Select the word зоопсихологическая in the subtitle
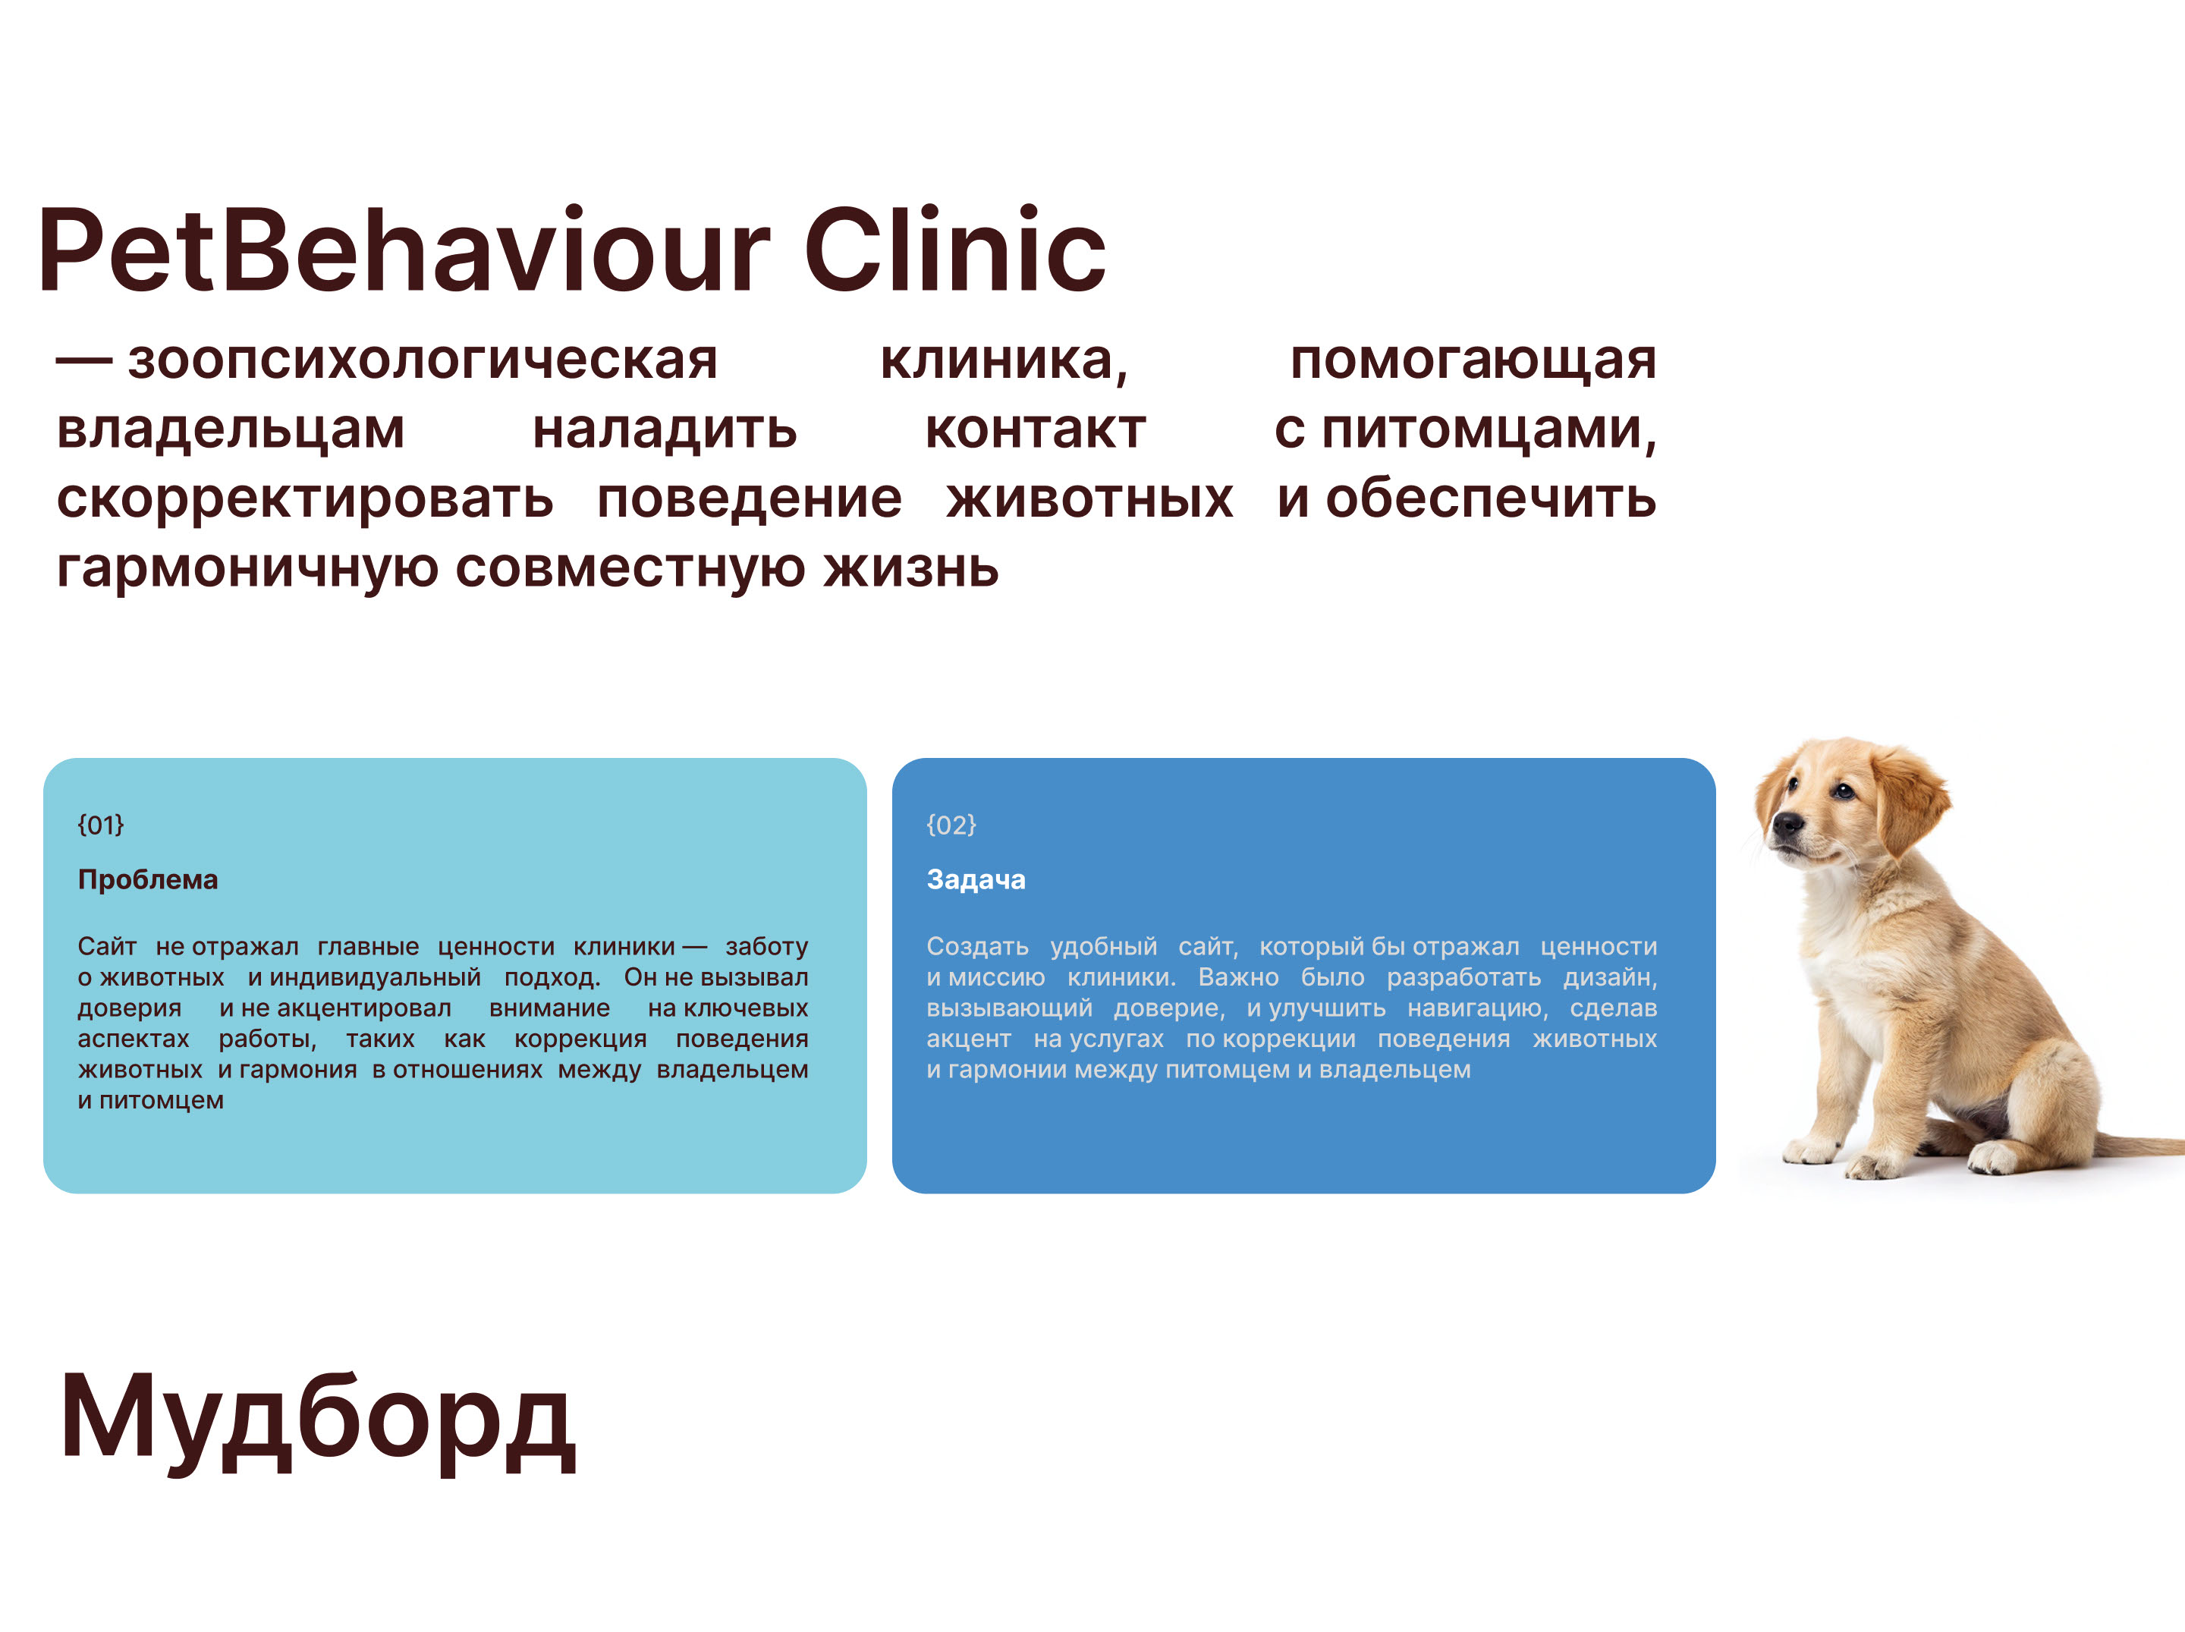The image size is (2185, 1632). tap(422, 360)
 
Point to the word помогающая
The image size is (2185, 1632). tap(1473, 360)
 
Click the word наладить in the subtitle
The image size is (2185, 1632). tap(665, 429)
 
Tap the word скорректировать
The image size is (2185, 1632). tap(304, 500)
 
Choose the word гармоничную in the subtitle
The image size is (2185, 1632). tap(247, 569)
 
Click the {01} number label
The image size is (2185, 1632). tap(101, 825)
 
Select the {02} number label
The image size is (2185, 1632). tap(951, 825)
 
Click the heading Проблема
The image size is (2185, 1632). tap(148, 879)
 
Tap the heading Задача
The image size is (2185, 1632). tap(976, 879)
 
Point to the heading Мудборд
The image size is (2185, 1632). tap(317, 1419)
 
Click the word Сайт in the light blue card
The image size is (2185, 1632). tap(107, 946)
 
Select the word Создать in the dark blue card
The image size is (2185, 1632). tap(977, 946)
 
